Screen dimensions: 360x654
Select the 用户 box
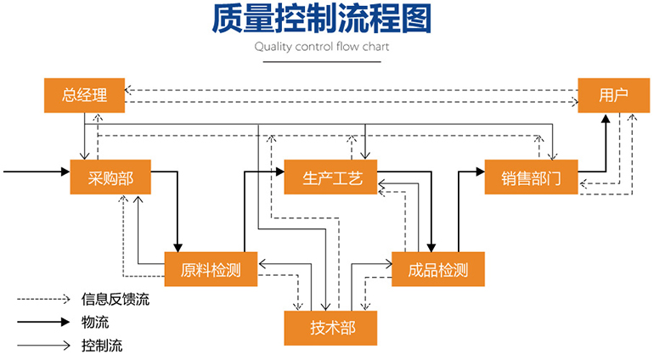pyautogui.click(x=613, y=95)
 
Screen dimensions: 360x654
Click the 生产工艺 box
pyautogui.click(x=332, y=177)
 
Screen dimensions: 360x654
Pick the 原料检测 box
pyautogui.click(x=211, y=270)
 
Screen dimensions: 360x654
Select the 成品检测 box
pyautogui.click(x=437, y=270)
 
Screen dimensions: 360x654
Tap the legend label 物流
pyautogui.click(x=95, y=323)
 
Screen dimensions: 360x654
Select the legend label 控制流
pyautogui.click(x=102, y=346)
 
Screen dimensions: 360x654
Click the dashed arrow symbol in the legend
pyautogui.click(x=42, y=299)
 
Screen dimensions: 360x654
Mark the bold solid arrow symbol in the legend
pyautogui.click(x=42, y=323)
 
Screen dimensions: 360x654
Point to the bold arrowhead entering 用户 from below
pyautogui.click(x=606, y=118)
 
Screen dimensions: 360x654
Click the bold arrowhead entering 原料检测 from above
pyautogui.click(x=178, y=246)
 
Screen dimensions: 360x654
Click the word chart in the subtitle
pyautogui.click(x=375, y=47)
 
